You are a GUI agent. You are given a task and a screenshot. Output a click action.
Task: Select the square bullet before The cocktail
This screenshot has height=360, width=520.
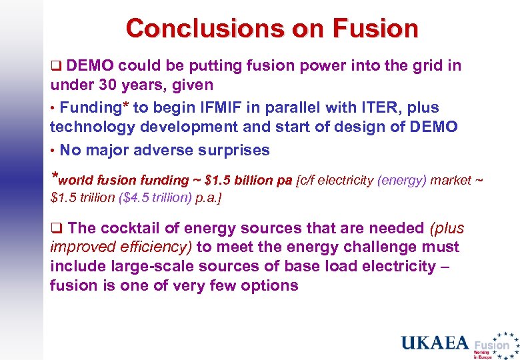click(x=56, y=229)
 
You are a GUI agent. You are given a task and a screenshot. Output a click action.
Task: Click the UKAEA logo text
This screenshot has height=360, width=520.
click(x=435, y=343)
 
